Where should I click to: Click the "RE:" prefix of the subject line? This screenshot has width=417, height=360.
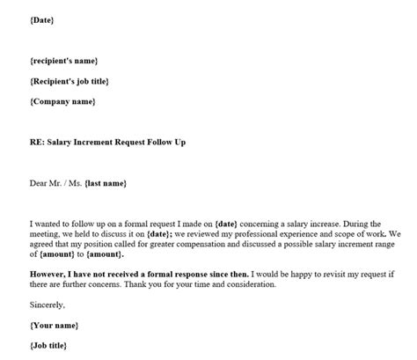(x=39, y=142)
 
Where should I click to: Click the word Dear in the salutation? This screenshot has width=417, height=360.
(x=40, y=183)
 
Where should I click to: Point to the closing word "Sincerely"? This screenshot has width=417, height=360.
(x=48, y=305)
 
